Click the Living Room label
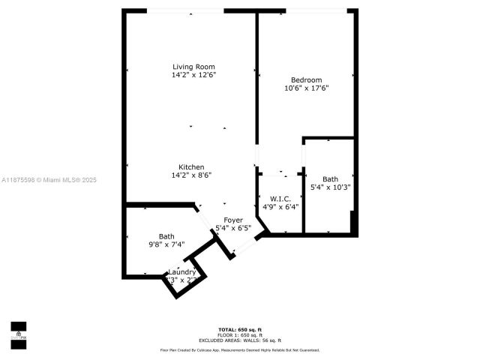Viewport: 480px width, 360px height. pos(194,67)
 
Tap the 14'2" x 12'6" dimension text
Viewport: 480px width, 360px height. pos(194,75)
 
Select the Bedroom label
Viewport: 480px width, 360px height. pos(306,80)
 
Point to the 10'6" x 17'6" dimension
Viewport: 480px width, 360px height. pos(306,88)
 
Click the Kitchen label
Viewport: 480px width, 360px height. pos(191,167)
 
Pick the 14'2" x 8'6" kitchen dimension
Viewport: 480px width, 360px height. pos(191,175)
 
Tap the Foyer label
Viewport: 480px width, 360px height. pos(233,220)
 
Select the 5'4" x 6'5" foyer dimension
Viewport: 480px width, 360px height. pos(233,228)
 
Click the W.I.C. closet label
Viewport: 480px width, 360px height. pos(280,199)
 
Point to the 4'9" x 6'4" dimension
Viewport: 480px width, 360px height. pos(280,207)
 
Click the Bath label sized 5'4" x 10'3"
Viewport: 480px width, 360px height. pos(330,179)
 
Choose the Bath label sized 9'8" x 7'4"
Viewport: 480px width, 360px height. pos(166,236)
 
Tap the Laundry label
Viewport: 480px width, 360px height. pos(181,271)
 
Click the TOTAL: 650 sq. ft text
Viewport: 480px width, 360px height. pos(240,330)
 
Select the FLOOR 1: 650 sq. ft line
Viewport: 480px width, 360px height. pos(240,335)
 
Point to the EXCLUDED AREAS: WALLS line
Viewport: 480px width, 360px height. pos(240,340)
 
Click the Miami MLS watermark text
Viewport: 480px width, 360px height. pos(49,180)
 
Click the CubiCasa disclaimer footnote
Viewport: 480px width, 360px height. pos(240,349)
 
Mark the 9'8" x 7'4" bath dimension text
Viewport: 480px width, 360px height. pos(166,244)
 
